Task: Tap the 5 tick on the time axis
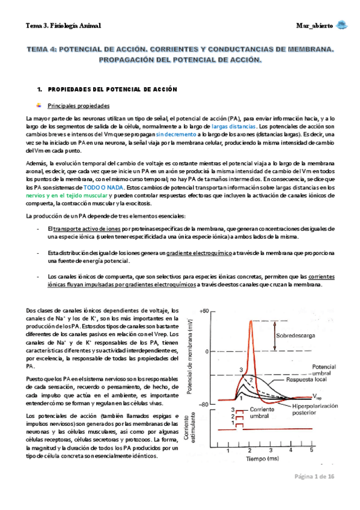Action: tap(311, 449)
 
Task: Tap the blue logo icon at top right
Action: tap(341, 25)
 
